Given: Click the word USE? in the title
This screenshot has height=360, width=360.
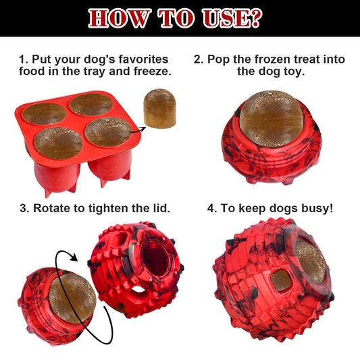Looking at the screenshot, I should pyautogui.click(x=230, y=18).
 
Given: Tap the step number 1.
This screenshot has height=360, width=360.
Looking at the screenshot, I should pyautogui.click(x=23, y=59).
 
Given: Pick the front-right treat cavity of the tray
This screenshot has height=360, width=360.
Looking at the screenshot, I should pyautogui.click(x=107, y=132).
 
